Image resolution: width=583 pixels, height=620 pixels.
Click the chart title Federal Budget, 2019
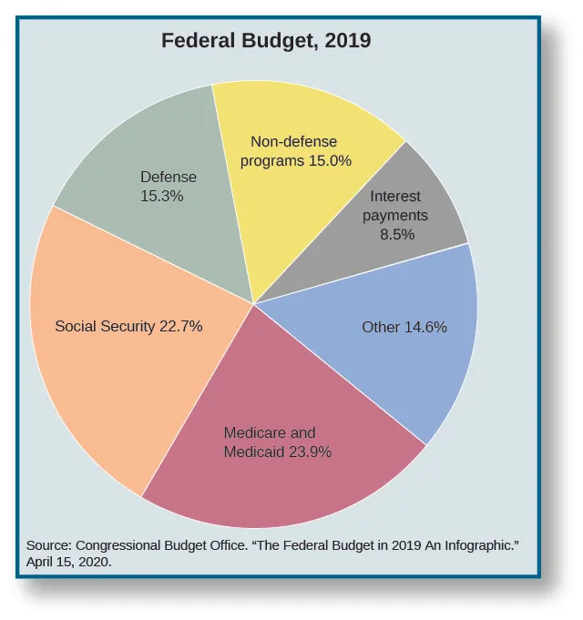click(266, 41)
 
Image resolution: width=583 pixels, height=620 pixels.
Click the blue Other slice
click(410, 355)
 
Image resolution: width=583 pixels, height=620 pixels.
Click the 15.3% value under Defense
click(162, 195)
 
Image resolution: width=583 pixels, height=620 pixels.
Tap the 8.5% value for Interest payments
click(397, 234)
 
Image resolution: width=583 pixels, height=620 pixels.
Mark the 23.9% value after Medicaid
click(309, 452)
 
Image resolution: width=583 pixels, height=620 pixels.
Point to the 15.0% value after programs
click(329, 160)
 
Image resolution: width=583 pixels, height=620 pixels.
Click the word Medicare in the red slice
click(256, 433)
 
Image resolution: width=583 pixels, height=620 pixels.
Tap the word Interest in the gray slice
click(395, 197)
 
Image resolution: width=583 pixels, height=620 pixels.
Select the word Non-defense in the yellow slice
click(293, 142)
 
